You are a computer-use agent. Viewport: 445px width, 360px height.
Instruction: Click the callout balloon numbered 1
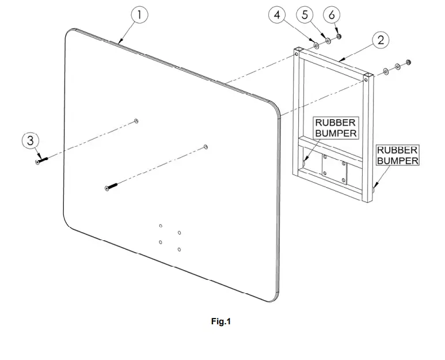coord(139,15)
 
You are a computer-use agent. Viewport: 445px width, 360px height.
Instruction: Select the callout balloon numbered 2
coord(381,40)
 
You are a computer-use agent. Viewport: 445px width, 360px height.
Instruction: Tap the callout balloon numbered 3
coord(31,141)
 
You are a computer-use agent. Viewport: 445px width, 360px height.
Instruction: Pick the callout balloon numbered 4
coord(277,15)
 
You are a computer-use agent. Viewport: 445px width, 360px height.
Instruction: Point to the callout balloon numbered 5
coord(305,15)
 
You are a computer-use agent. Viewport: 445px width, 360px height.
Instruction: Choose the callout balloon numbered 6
coord(332,15)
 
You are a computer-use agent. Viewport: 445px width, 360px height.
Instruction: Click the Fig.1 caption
coord(221,321)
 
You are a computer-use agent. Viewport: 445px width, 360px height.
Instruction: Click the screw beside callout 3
coord(41,160)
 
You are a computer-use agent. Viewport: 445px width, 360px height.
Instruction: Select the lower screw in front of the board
coord(111,187)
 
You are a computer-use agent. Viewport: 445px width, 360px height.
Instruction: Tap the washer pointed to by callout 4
coord(315,45)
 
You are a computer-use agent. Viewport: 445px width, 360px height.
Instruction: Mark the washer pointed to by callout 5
coord(328,41)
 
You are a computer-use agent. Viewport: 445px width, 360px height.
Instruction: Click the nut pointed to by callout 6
coord(338,37)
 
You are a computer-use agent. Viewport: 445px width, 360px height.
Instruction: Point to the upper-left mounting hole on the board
coord(136,121)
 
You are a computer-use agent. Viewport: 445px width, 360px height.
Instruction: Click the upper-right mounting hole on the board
coord(206,147)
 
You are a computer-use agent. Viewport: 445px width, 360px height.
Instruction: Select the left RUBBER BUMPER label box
coord(336,128)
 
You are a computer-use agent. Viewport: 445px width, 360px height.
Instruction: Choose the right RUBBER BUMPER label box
coord(398,155)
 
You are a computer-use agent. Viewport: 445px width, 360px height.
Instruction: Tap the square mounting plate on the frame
coord(334,169)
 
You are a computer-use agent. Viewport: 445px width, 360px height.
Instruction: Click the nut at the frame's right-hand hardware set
coord(408,62)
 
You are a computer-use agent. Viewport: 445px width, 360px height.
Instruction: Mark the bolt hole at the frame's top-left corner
coord(297,54)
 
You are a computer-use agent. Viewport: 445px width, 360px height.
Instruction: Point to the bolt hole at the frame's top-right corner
coord(366,80)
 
